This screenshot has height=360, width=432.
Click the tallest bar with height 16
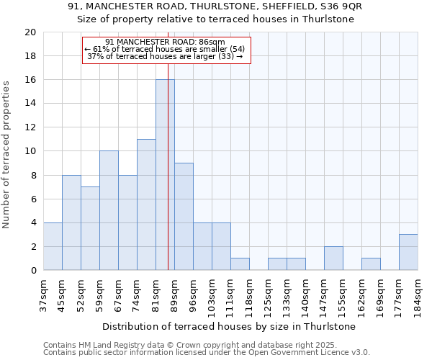coord(165,175)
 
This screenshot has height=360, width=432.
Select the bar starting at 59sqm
coord(109,210)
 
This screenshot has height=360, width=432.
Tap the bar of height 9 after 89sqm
coord(184,216)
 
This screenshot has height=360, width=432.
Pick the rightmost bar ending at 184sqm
coord(408,252)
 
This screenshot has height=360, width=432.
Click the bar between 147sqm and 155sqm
coord(333,258)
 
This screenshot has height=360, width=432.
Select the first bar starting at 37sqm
coord(53,246)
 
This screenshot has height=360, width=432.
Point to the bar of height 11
coord(146,204)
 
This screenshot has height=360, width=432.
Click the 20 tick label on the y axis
coord(30,32)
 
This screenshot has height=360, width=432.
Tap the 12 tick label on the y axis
coord(30,127)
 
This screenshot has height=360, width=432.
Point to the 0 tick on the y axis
coord(33,270)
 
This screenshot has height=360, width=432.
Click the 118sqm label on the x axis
coord(249,293)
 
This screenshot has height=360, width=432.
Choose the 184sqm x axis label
coord(418,293)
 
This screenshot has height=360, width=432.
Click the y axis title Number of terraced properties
coord(7,155)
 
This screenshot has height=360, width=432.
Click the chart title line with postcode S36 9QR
coord(215,6)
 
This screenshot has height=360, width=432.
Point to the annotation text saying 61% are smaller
coord(166,49)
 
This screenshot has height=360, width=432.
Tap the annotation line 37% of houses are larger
coord(166,56)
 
